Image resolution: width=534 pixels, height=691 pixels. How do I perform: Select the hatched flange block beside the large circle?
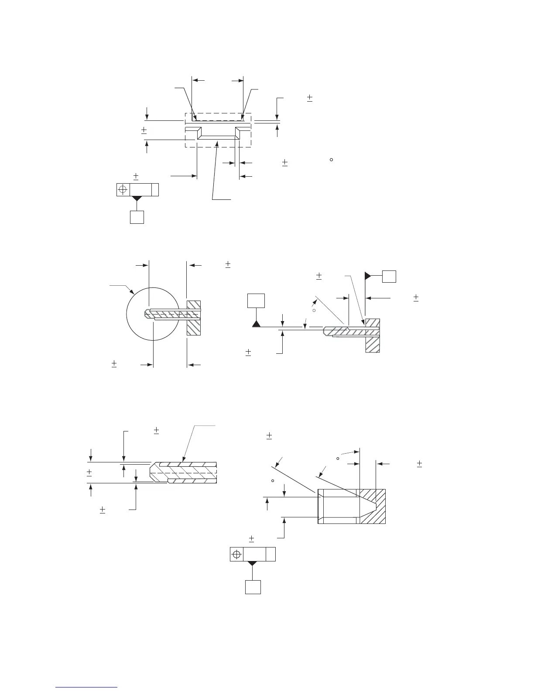pos(194,318)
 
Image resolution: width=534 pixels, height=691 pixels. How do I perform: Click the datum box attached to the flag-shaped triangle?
pos(389,276)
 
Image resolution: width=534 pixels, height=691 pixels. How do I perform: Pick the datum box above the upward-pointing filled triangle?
pos(256,301)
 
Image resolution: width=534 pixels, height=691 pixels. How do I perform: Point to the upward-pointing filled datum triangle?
pos(256,324)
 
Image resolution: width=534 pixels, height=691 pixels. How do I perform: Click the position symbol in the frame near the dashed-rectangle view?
pos(123,190)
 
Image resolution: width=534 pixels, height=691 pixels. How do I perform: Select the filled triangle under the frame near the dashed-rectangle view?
pos(137,198)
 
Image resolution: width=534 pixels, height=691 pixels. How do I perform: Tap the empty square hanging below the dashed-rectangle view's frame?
pos(137,217)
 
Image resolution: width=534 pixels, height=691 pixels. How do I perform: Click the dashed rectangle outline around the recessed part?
pos(185,131)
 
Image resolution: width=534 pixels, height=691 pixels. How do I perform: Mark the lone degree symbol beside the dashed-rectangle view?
pos(331,160)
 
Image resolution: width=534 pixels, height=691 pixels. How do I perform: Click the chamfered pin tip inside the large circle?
pos(147,313)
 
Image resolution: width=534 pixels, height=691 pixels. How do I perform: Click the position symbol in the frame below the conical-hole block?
pos(236,554)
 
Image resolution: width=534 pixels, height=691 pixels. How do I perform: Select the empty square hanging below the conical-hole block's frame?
pos(253,587)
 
